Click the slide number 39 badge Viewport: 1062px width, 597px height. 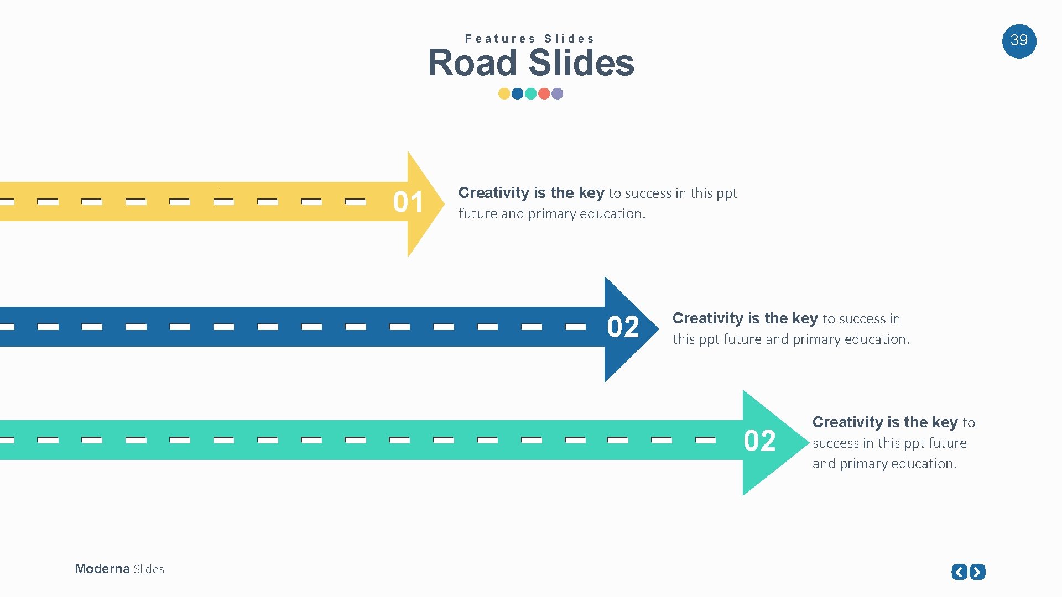1019,41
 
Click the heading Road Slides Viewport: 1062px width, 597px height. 531,62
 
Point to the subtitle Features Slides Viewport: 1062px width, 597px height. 530,39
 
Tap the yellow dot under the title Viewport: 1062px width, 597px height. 504,93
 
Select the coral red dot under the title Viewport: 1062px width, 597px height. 544,93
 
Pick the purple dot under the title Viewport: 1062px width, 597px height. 558,93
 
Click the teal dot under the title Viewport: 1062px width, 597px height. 531,93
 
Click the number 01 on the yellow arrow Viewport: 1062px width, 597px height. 408,202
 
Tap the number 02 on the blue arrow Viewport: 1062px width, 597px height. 623,327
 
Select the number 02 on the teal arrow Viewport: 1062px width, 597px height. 759,441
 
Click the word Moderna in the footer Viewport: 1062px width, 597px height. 102,569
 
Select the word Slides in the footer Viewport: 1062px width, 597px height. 149,569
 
